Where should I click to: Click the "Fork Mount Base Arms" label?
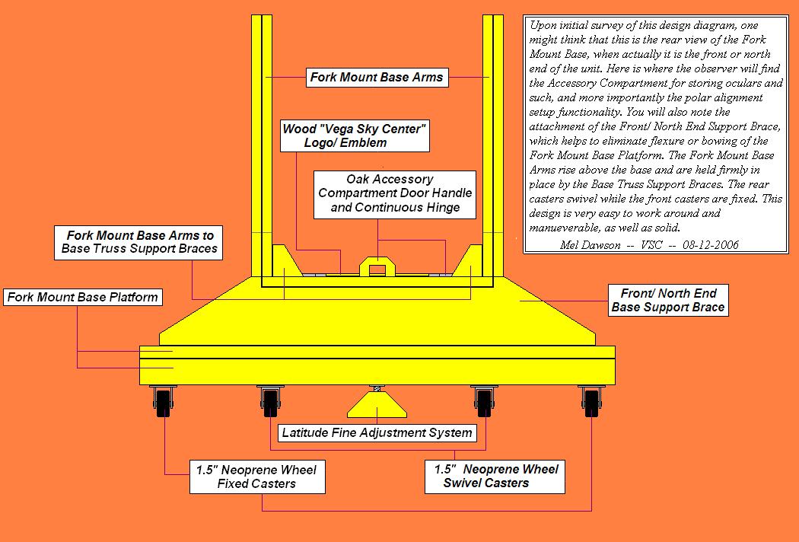pos(377,78)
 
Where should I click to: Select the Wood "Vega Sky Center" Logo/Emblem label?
pos(354,135)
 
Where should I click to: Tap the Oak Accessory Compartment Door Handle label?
pos(390,193)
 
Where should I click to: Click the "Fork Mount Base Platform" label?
pos(83,297)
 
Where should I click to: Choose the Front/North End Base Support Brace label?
pos(669,301)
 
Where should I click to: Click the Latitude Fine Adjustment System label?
pos(377,433)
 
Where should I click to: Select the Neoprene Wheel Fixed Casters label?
pos(256,476)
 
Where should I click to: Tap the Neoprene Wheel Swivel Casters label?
pos(495,476)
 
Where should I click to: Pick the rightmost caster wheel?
pos(590,402)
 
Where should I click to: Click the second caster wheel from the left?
pos(269,402)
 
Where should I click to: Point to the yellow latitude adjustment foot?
pos(377,407)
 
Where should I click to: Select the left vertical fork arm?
pos(262,145)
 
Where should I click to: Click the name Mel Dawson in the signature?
pos(582,245)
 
